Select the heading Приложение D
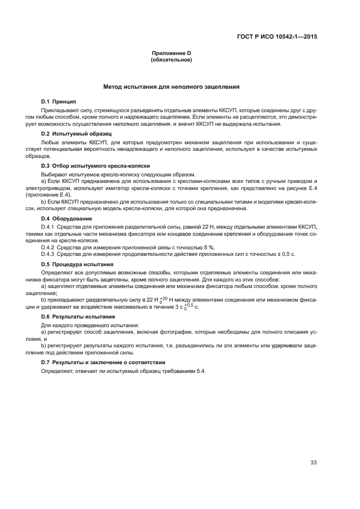(171, 53)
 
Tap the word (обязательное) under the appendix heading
(171, 60)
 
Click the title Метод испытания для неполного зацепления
(171, 87)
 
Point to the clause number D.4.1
(49, 225)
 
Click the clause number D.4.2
(49, 247)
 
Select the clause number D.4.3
(49, 254)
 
